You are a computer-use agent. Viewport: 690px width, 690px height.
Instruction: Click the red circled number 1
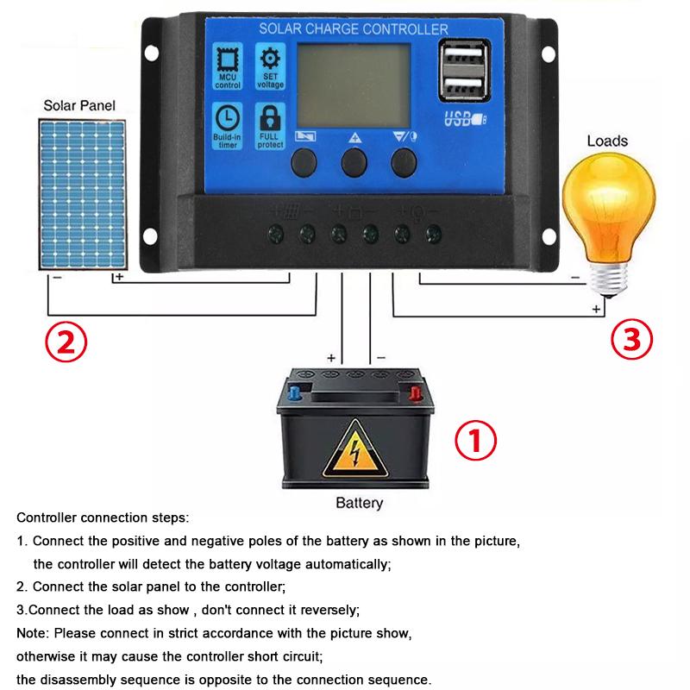click(x=475, y=441)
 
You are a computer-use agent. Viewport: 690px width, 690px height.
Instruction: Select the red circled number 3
click(x=632, y=339)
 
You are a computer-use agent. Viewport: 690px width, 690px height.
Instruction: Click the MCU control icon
click(x=228, y=67)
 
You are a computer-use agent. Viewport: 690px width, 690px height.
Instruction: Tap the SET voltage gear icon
click(x=270, y=67)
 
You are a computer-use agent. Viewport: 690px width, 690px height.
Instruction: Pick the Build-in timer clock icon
click(x=228, y=125)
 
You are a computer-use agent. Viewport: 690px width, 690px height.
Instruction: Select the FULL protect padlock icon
click(x=270, y=125)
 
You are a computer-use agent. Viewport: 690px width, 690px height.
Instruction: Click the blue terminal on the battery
click(x=295, y=393)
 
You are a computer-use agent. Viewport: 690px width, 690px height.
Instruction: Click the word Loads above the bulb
click(x=607, y=141)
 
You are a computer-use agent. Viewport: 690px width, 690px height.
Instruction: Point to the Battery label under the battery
click(x=358, y=503)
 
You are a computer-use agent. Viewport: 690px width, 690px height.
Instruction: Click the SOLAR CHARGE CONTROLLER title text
click(x=354, y=30)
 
